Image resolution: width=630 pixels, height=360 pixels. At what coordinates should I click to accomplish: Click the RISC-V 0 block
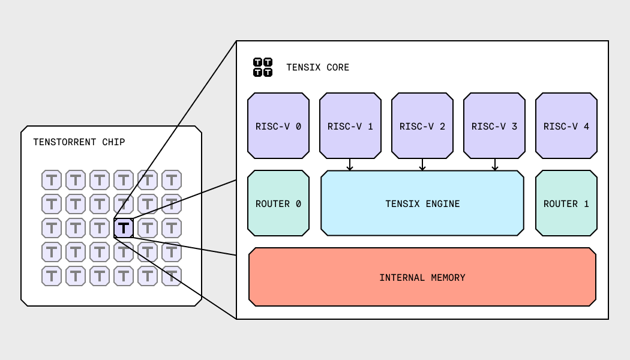coord(278,126)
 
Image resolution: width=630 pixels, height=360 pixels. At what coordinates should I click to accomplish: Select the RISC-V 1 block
coord(350,126)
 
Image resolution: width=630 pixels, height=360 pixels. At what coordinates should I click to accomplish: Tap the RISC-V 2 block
coord(422,126)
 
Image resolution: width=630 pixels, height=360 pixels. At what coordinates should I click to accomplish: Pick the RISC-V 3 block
coord(494,126)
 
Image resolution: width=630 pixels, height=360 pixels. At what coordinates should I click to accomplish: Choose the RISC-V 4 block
coord(566,126)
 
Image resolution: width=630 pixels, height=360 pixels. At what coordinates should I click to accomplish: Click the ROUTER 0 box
coord(278,203)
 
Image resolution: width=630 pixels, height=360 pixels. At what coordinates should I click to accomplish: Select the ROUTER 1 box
coord(566,203)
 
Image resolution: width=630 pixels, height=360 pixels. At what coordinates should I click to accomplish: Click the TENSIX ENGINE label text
coord(422,204)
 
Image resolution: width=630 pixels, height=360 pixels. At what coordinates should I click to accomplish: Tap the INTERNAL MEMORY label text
coord(422,278)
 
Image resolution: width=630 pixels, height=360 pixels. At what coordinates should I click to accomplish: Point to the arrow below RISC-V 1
coord(350,165)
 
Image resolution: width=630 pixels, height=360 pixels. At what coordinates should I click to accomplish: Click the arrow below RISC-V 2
coord(422,165)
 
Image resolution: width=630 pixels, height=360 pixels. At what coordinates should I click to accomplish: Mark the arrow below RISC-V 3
coord(495,165)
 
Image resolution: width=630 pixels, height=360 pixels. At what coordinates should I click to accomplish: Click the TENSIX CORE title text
coord(317,68)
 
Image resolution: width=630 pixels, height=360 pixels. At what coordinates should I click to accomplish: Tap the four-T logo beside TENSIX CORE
coord(263,67)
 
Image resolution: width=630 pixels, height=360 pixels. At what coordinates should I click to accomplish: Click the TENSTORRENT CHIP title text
coord(79,142)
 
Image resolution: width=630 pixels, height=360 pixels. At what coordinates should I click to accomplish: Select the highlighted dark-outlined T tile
coord(124,228)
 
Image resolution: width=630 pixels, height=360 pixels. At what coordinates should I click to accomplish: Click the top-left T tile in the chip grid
coord(52,180)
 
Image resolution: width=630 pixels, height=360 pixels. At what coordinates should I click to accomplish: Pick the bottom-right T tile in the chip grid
coord(172,276)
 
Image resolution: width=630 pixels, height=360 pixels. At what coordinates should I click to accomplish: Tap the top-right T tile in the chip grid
coord(172,180)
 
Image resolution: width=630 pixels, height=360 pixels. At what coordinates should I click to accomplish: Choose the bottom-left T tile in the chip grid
coord(52,276)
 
